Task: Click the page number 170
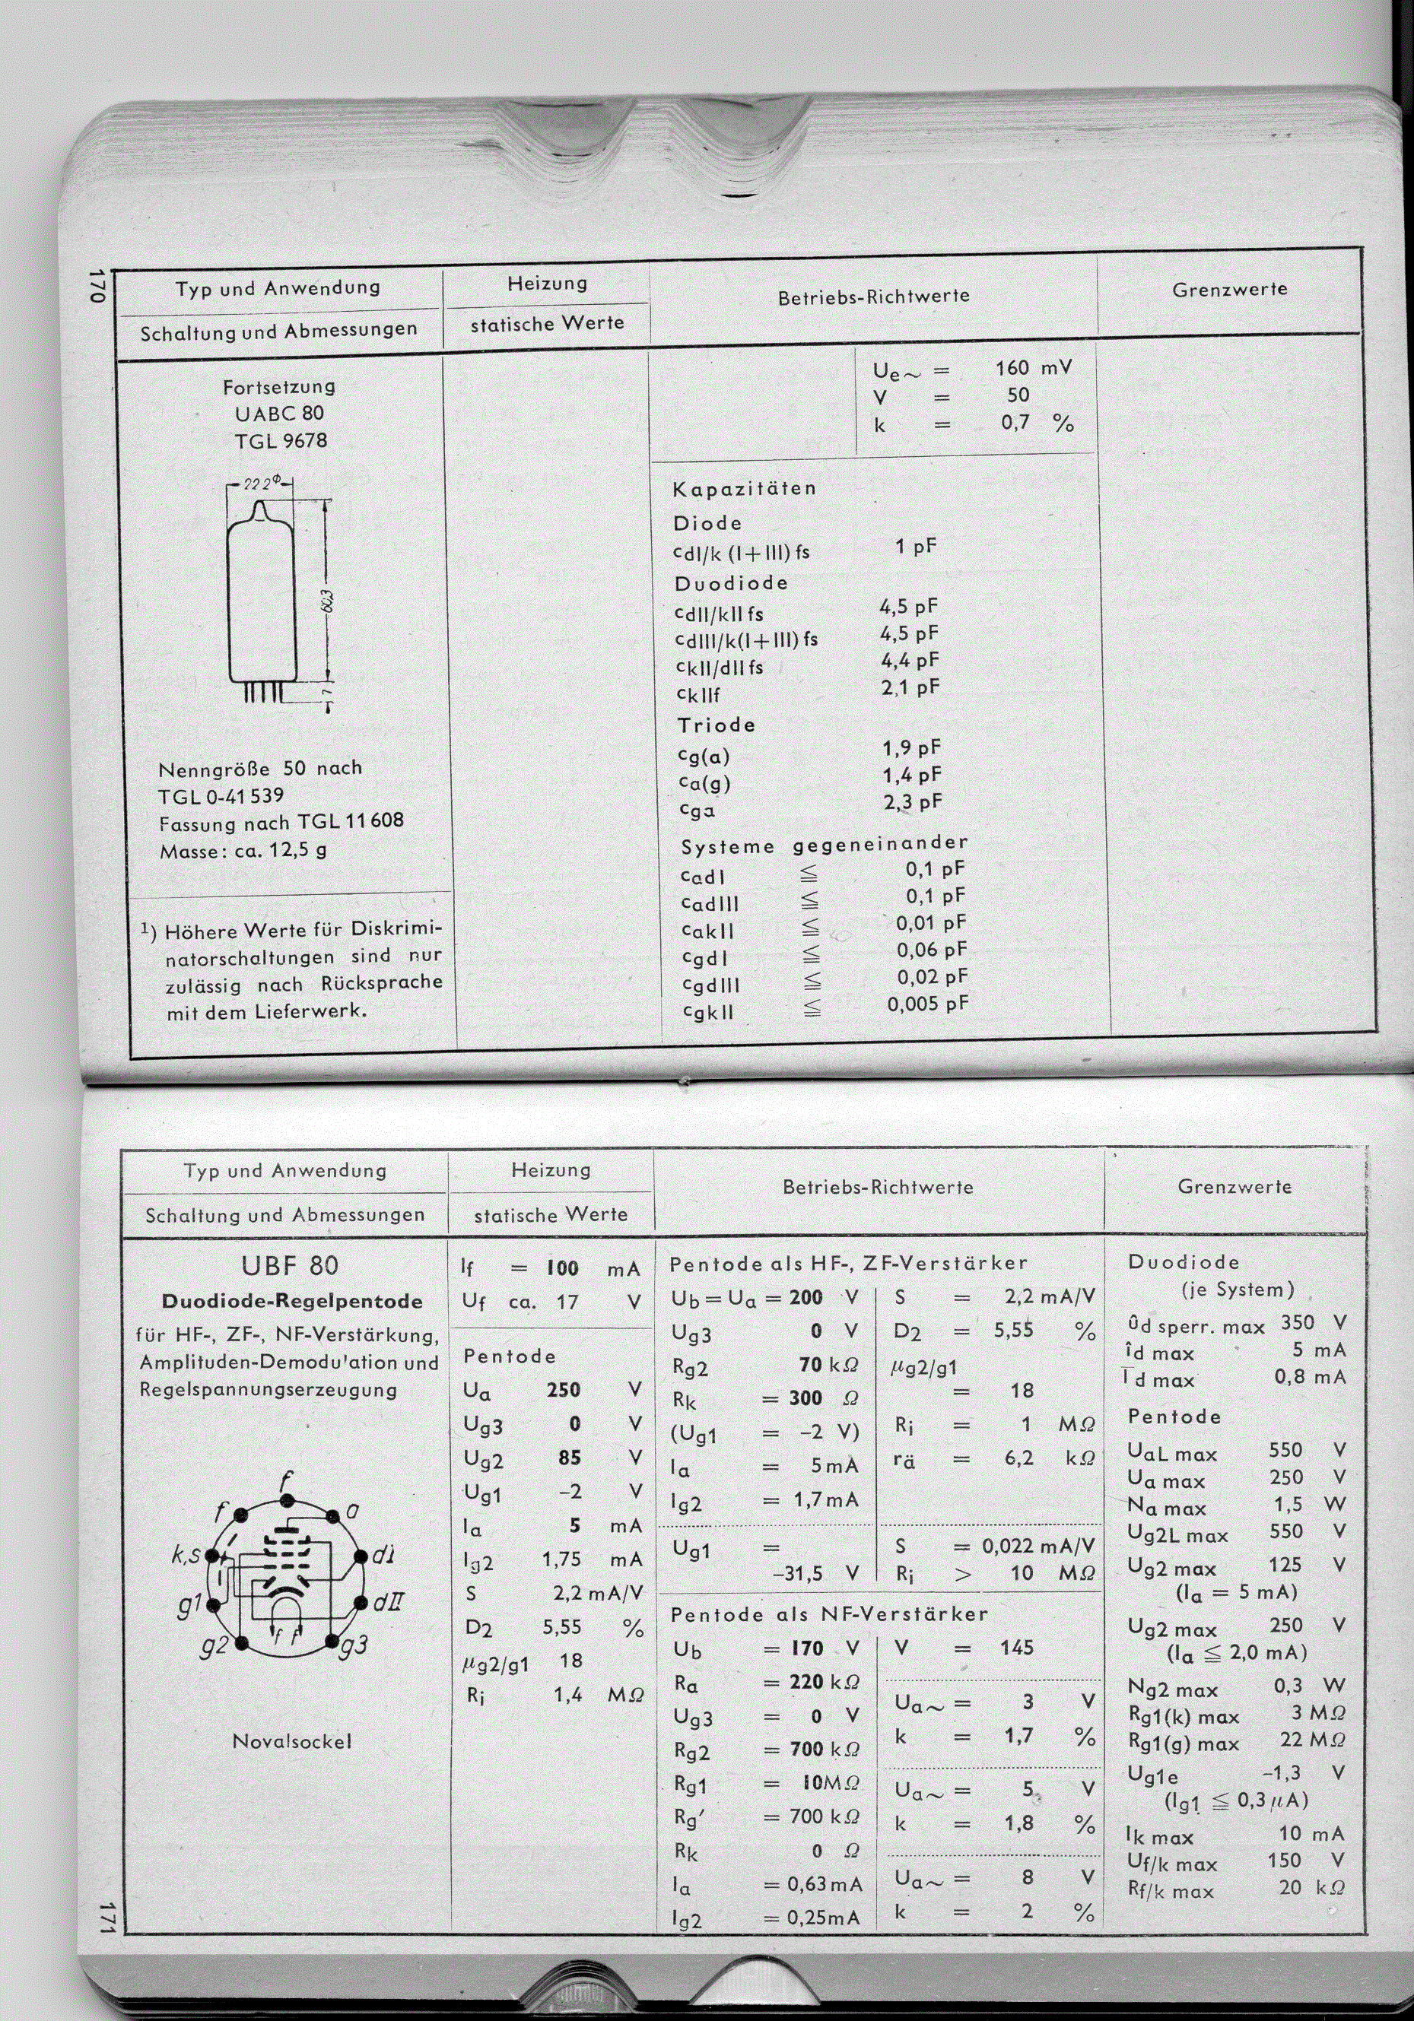click(x=97, y=288)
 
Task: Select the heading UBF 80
click(x=289, y=1266)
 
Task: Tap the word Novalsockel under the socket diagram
click(x=291, y=1740)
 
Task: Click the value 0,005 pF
click(x=927, y=1004)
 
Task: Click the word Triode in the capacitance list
click(x=716, y=725)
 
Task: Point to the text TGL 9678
click(x=281, y=440)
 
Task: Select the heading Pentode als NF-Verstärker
click(x=828, y=1614)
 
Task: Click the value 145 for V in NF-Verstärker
click(x=1016, y=1648)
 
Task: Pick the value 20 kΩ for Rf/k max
click(x=1311, y=1887)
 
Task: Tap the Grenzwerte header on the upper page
click(x=1229, y=289)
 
